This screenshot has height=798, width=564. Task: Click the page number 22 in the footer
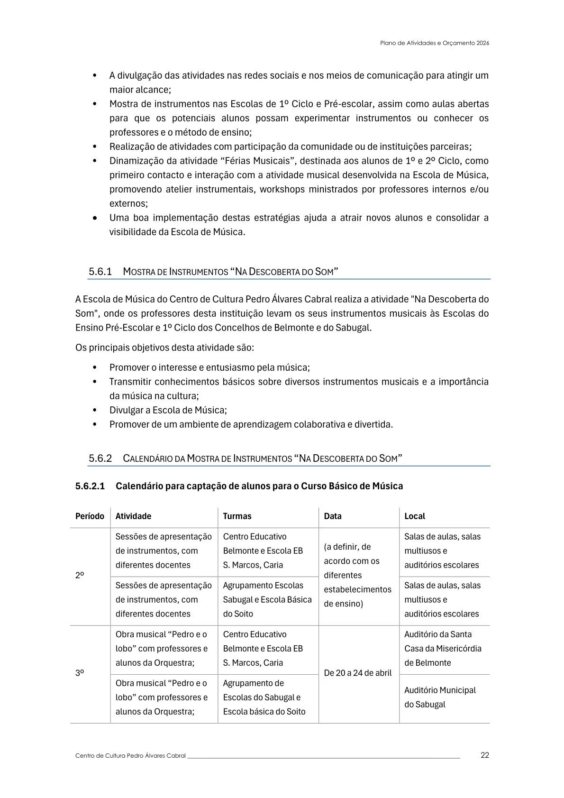pos(484,755)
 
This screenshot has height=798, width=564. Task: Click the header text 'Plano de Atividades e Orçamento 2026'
pos(434,43)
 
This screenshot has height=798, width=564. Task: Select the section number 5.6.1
pos(100,272)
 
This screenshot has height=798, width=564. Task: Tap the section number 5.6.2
pos(100,459)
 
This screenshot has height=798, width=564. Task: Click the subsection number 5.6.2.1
pos(90,486)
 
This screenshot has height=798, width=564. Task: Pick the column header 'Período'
pos(90,516)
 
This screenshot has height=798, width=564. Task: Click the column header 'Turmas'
pos(237,516)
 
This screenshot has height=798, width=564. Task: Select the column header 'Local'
pos(414,516)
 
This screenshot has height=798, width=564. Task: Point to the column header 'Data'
pos(332,516)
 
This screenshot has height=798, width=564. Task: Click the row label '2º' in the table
pos(80,575)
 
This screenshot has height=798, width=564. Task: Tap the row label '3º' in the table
pos(80,673)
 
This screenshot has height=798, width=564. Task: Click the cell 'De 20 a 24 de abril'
pos(358,673)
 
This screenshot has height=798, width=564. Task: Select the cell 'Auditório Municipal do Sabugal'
pos(439,697)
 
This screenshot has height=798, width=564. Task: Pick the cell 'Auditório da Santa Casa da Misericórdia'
pos(442,649)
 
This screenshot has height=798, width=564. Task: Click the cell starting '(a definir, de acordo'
pos(357,575)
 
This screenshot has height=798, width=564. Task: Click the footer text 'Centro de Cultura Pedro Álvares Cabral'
pos(130,756)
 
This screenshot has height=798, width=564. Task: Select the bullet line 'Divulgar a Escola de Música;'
pos(168,410)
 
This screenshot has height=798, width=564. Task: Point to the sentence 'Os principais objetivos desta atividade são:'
pos(164,348)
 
